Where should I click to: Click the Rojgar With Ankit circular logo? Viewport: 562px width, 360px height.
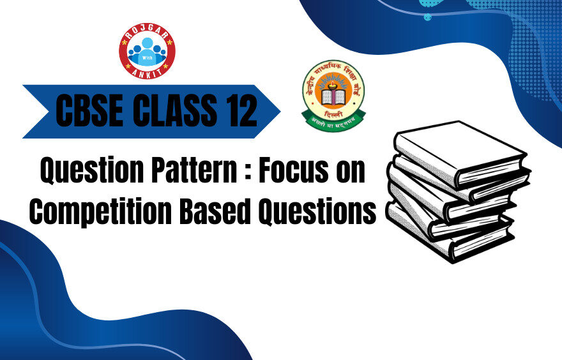pos(147,50)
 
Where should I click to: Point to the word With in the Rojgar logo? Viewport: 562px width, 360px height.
pos(147,56)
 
